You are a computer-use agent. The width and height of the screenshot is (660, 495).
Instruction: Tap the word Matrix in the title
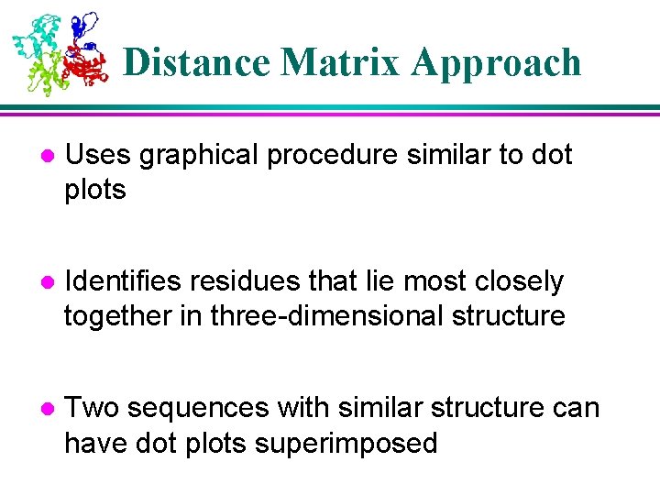click(x=341, y=62)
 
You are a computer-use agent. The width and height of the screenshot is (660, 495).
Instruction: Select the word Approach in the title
click(x=496, y=62)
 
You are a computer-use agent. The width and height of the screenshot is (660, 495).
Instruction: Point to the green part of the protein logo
click(x=44, y=73)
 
